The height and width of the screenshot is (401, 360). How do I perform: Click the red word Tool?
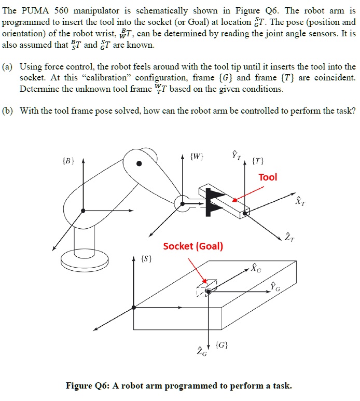(268, 177)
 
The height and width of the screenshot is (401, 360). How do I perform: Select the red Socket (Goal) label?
(193, 246)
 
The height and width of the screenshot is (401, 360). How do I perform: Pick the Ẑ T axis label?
(288, 238)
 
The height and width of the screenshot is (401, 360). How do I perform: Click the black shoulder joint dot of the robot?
(139, 164)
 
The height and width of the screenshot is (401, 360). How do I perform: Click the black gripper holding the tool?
(212, 200)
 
